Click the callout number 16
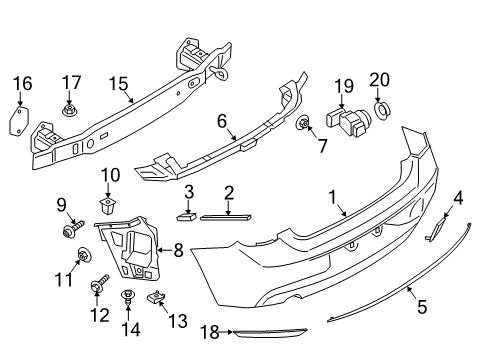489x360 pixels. [22, 82]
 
